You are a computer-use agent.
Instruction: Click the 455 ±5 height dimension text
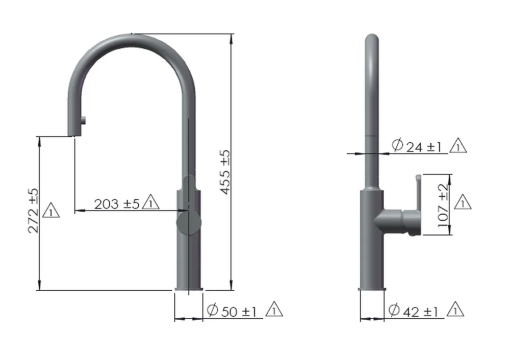pyautogui.click(x=225, y=172)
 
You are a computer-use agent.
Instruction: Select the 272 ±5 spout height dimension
pyautogui.click(x=34, y=211)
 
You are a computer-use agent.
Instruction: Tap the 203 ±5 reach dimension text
pyautogui.click(x=117, y=203)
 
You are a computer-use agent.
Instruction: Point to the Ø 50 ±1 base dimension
pyautogui.click(x=233, y=311)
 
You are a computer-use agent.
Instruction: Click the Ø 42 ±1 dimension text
pyautogui.click(x=413, y=311)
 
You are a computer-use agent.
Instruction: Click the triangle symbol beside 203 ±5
pyautogui.click(x=151, y=203)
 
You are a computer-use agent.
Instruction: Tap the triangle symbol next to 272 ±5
pyautogui.click(x=52, y=210)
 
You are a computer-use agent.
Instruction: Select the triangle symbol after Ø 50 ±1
pyautogui.click(x=274, y=310)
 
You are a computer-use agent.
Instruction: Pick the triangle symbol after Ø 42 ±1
pyautogui.click(x=455, y=309)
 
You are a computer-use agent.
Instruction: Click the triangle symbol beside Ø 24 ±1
pyautogui.click(x=458, y=146)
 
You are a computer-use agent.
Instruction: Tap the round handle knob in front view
pyautogui.click(x=188, y=223)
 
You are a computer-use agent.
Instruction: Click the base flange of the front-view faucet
pyautogui.click(x=189, y=289)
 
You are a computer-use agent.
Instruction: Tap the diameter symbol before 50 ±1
pyautogui.click(x=213, y=311)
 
